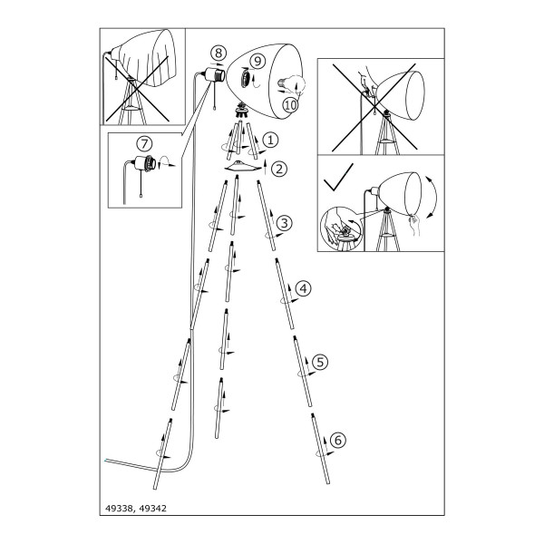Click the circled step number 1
pyautogui.click(x=270, y=141)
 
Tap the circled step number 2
pyautogui.click(x=279, y=169)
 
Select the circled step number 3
pyautogui.click(x=285, y=223)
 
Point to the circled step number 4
pyautogui.click(x=303, y=288)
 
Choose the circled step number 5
pyautogui.click(x=320, y=362)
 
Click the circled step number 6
pyautogui.click(x=338, y=440)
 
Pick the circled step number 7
pyautogui.click(x=144, y=143)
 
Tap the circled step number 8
pyautogui.click(x=219, y=53)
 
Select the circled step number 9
pyautogui.click(x=257, y=61)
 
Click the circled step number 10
pyautogui.click(x=290, y=105)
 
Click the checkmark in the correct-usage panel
pyautogui.click(x=338, y=177)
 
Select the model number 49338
pyautogui.click(x=119, y=509)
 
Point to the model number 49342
pyautogui.click(x=152, y=509)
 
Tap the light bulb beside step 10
pyautogui.click(x=285, y=84)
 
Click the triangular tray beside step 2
pyautogui.click(x=242, y=165)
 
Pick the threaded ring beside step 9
pyautogui.click(x=246, y=78)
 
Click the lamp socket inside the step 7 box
pyautogui.click(x=144, y=164)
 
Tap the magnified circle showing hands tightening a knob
pyautogui.click(x=341, y=229)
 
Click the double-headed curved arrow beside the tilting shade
pyautogui.click(x=435, y=198)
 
